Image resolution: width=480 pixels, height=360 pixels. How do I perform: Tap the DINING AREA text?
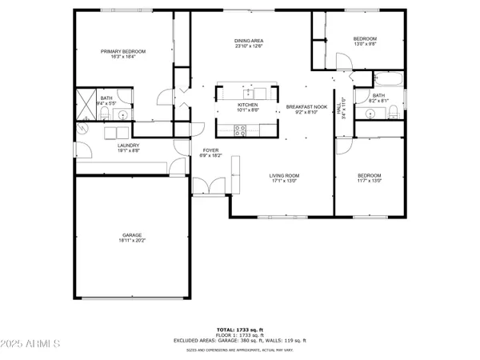pyautogui.click(x=249, y=41)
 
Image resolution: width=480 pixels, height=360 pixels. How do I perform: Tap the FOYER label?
pyautogui.click(x=210, y=150)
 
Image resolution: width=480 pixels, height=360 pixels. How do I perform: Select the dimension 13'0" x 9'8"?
pyautogui.click(x=365, y=45)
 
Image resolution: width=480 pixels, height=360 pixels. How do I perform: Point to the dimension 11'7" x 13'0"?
pyautogui.click(x=369, y=181)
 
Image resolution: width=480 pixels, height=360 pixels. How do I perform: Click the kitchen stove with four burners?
pyautogui.click(x=238, y=130)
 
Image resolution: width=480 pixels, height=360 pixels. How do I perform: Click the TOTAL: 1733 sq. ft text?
pyautogui.click(x=240, y=330)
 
